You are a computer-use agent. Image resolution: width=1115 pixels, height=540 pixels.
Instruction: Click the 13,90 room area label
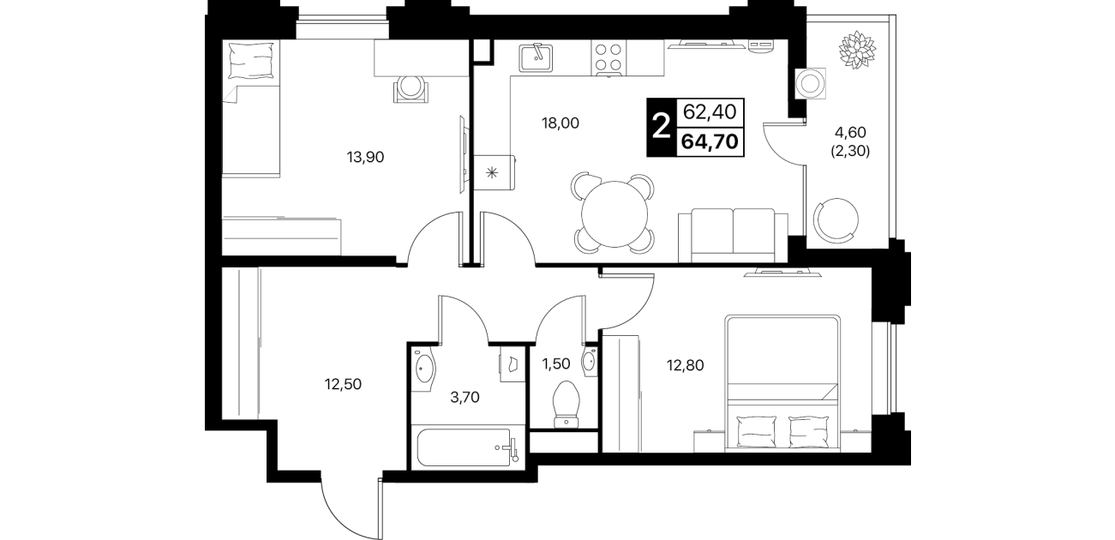365,157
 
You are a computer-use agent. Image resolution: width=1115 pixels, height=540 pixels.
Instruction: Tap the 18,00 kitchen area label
560,123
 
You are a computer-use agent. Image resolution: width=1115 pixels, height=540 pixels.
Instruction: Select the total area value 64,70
710,141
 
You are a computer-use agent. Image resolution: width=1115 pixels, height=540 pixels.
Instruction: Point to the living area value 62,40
710,112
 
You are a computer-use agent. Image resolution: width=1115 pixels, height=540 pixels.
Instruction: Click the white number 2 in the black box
661,128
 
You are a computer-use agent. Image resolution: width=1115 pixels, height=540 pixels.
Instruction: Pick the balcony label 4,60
850,132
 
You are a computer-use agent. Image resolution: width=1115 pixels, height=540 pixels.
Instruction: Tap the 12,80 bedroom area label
685,366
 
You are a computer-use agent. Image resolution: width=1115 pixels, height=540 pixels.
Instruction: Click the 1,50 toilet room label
555,363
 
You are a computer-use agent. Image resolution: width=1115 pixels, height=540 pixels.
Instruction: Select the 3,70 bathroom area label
465,397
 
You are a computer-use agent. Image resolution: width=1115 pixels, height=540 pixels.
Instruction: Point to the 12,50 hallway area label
343,384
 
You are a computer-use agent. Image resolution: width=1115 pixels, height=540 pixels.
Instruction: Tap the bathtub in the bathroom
465,447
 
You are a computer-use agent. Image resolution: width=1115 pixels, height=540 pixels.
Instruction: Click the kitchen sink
536,57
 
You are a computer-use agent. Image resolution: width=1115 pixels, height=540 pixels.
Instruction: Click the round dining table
614,214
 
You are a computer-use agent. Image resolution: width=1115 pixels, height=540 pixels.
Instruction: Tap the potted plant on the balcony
857,49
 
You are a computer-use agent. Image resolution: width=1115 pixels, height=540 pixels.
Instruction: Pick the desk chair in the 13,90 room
411,89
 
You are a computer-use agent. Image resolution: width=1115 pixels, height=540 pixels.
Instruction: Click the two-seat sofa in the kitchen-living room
733,235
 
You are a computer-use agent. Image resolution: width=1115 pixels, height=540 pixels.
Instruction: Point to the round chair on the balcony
836,220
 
